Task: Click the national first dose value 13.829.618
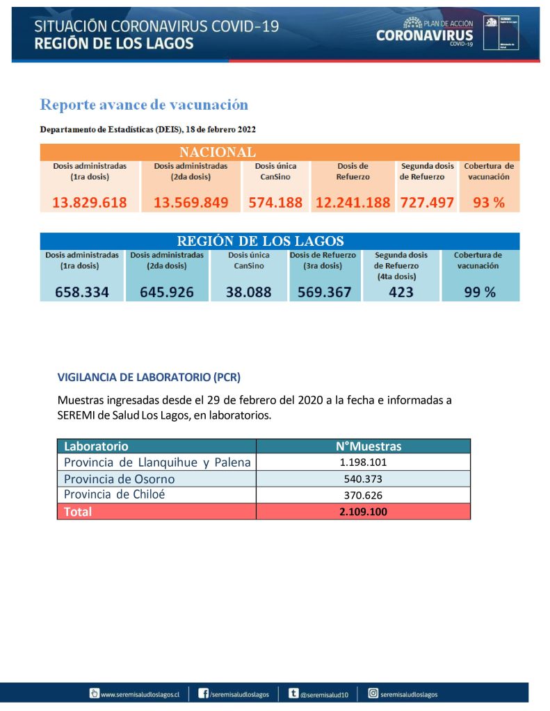[x=90, y=203]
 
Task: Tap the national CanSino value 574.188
[x=275, y=203]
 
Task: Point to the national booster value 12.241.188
[x=353, y=203]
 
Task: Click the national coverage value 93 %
[x=489, y=203]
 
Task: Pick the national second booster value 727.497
[x=426, y=203]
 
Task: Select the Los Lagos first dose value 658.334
[x=82, y=292]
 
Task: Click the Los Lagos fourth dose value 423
[x=401, y=292]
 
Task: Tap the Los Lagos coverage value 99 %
[x=480, y=292]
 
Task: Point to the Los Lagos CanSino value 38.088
[x=249, y=292]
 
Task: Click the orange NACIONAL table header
[x=217, y=152]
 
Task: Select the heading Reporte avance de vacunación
[x=144, y=105]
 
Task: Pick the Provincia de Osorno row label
[x=120, y=479]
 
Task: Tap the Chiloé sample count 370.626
[x=363, y=496]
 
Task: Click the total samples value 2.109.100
[x=363, y=512]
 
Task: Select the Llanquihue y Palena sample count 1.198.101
[x=363, y=462]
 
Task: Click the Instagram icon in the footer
[x=373, y=693]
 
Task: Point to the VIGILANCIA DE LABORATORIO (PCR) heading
[x=149, y=378]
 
